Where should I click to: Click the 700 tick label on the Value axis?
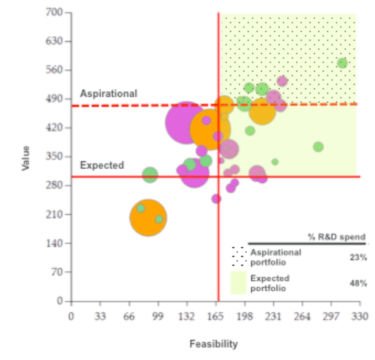[54, 12]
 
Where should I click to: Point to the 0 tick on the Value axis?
[59, 301]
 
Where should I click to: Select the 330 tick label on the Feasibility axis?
[359, 316]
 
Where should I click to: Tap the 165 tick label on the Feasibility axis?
[215, 316]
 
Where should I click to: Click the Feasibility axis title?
[214, 344]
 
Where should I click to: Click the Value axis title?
[25, 158]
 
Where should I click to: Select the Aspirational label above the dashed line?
[109, 94]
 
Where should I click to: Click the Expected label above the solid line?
[102, 165]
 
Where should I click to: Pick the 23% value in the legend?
[358, 257]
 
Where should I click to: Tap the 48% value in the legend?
[358, 284]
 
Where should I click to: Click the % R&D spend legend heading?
[337, 237]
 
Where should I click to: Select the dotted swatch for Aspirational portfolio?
[239, 256]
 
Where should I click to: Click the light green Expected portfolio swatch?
[239, 283]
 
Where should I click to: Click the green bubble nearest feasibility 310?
[342, 63]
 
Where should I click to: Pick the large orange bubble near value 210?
[148, 218]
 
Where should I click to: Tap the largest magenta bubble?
[186, 123]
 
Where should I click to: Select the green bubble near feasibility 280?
[318, 147]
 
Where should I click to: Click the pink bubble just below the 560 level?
[282, 81]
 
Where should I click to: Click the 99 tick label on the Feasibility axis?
[158, 316]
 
